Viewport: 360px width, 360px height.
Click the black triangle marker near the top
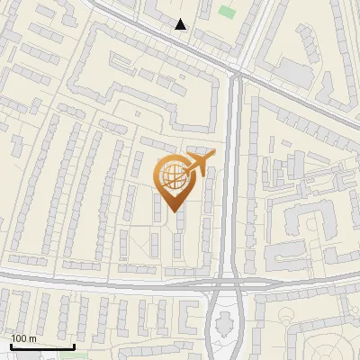click(181, 24)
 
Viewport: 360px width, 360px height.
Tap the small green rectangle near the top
click(225, 13)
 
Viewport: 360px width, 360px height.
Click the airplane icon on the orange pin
click(198, 163)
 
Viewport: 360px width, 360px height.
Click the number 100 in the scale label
click(19, 338)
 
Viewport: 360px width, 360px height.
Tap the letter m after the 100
click(32, 338)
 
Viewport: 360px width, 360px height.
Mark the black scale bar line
click(42, 346)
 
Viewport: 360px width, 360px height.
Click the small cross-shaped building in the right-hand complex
click(297, 166)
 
